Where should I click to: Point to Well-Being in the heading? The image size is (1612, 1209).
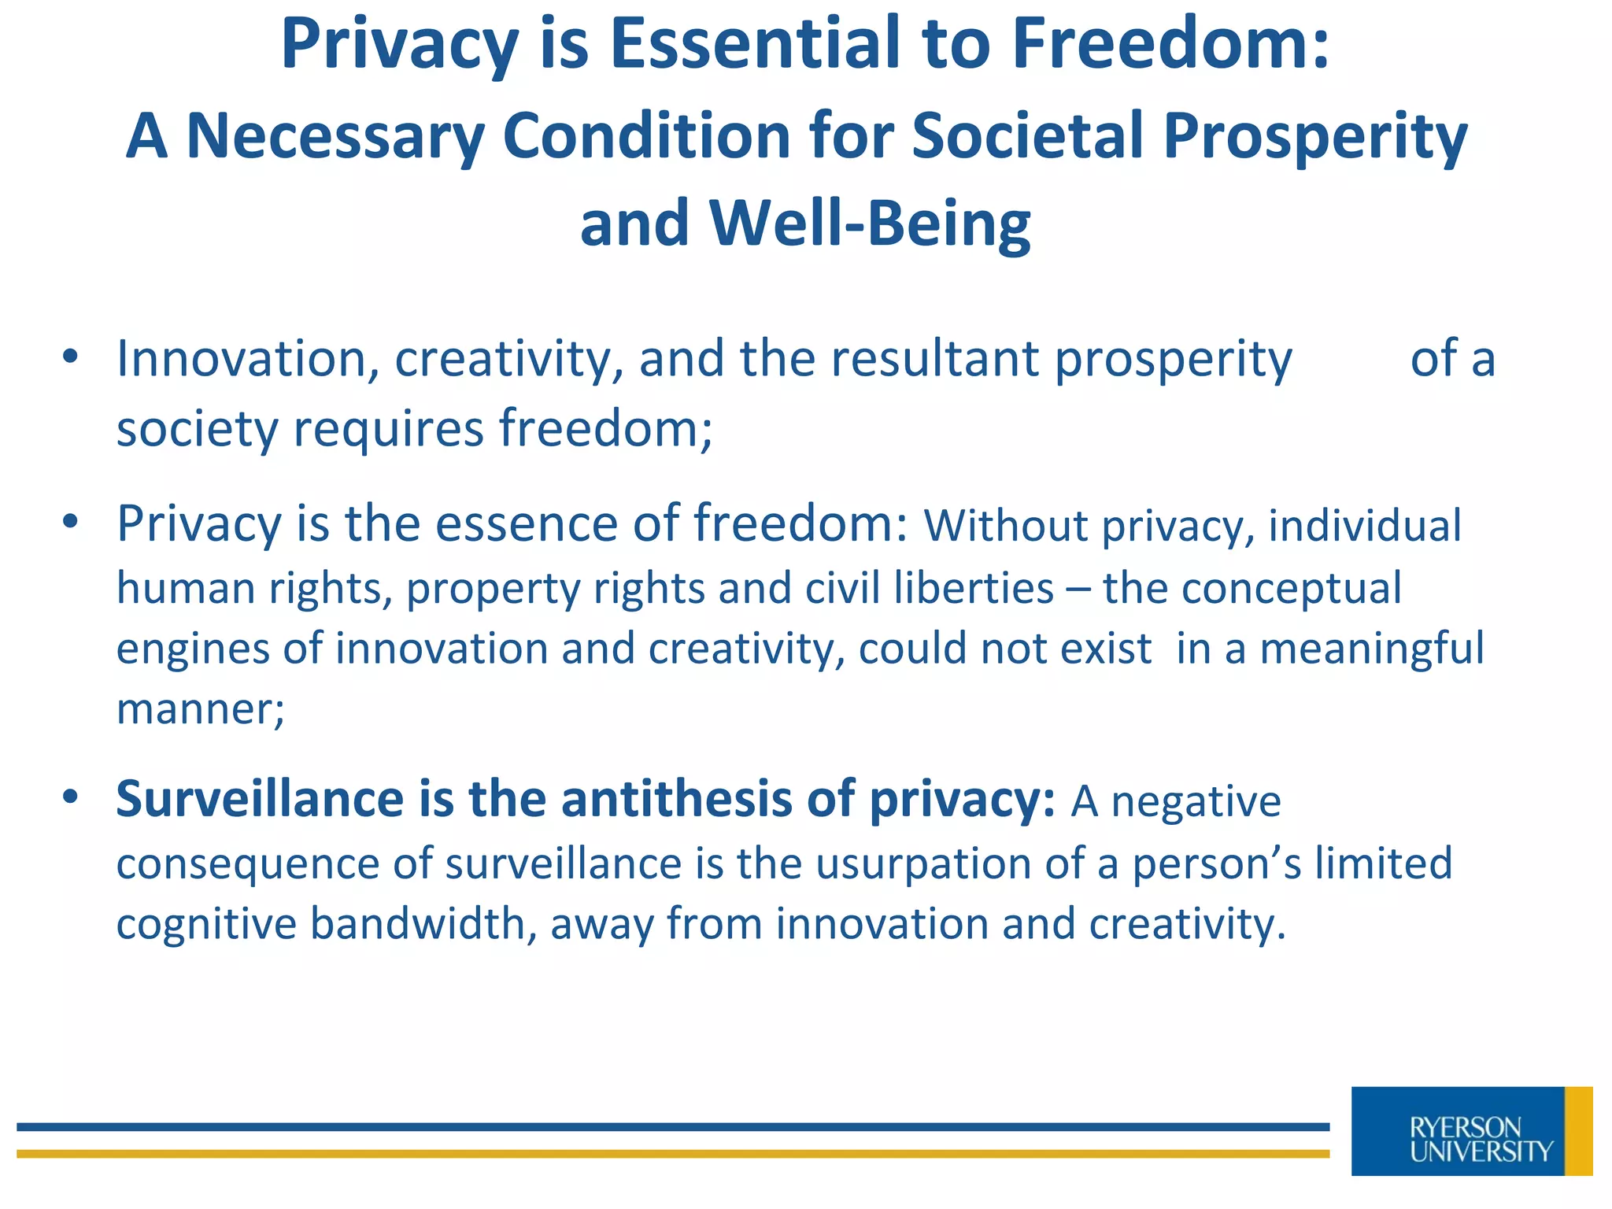[x=869, y=224]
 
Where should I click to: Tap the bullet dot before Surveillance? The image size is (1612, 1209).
[x=71, y=797]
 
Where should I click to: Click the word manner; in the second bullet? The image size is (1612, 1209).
[x=200, y=709]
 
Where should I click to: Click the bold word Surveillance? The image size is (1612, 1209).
[x=260, y=799]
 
